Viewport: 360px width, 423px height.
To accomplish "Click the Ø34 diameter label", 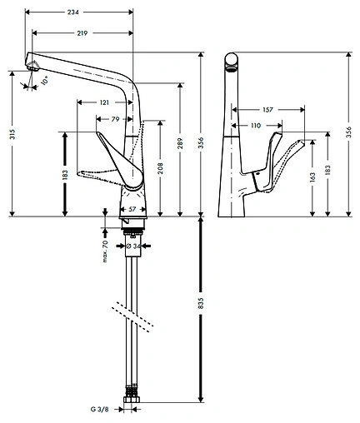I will coord(135,246).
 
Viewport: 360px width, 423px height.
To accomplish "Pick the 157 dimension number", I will coord(267,109).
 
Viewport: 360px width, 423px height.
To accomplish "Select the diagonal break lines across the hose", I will coord(134,314).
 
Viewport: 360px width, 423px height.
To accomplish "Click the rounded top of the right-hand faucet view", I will coord(234,60).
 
